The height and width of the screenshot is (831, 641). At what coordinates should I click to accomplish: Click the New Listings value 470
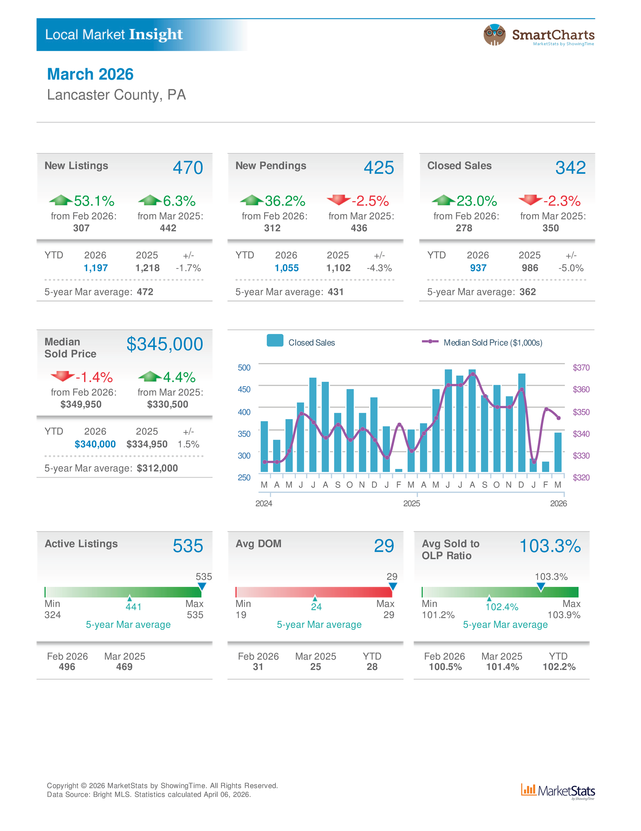click(188, 168)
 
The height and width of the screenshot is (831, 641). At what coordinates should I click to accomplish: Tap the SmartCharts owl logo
click(494, 35)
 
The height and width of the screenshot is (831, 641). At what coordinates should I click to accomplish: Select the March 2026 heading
click(90, 74)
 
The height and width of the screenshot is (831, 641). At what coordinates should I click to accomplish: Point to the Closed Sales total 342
click(570, 168)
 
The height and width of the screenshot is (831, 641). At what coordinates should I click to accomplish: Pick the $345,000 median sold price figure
click(164, 344)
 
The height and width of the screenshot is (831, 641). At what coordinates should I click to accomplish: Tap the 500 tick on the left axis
click(244, 367)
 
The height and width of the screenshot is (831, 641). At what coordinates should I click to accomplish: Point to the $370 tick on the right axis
click(581, 367)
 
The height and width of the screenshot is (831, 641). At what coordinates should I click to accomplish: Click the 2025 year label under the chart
click(411, 503)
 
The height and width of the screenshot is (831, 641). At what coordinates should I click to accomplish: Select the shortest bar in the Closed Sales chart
click(399, 471)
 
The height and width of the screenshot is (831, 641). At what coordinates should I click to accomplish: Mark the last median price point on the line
click(559, 418)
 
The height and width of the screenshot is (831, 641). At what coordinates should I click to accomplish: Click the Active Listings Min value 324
click(52, 615)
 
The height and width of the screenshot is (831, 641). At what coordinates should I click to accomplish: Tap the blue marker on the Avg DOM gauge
click(393, 586)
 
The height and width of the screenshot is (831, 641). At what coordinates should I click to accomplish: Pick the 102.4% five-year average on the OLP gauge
click(501, 607)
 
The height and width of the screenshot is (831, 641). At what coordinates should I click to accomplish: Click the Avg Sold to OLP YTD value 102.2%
click(559, 667)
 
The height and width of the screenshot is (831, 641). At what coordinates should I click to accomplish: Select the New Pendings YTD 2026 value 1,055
click(286, 268)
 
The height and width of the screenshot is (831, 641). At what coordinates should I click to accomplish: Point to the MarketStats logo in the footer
click(558, 791)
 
